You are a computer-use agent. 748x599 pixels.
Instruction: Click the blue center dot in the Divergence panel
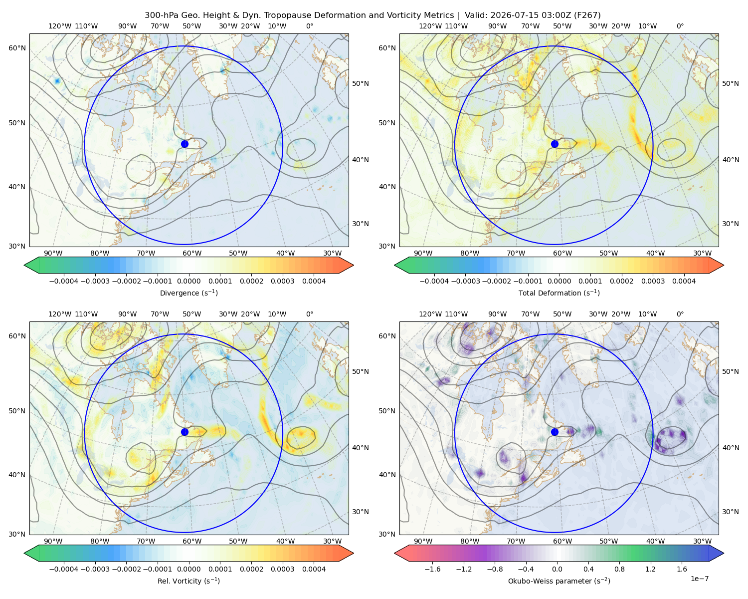tap(185, 144)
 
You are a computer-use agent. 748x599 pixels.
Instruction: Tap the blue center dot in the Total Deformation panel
tap(555, 144)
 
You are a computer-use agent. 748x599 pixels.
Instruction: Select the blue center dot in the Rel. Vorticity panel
tap(185, 432)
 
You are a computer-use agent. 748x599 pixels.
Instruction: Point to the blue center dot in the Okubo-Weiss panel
tap(555, 432)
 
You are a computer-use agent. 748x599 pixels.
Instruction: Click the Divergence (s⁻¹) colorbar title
tap(188, 293)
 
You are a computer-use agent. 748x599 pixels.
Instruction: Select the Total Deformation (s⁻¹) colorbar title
tap(559, 293)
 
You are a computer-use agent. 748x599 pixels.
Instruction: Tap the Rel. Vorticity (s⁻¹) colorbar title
tap(188, 581)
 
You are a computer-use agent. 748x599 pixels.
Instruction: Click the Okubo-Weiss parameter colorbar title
tap(559, 581)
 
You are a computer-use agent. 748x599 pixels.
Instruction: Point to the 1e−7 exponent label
tap(699, 578)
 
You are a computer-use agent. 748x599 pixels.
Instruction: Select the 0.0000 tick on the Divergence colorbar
tap(188, 281)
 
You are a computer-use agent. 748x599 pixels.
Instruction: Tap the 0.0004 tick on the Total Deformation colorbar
tap(684, 281)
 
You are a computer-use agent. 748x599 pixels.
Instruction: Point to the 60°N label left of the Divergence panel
tap(17, 48)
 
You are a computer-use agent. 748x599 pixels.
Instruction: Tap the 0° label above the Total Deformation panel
tap(680, 26)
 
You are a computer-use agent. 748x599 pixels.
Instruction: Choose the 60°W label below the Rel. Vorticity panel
tap(192, 541)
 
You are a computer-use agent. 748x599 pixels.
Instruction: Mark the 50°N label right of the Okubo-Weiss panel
tap(730, 371)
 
